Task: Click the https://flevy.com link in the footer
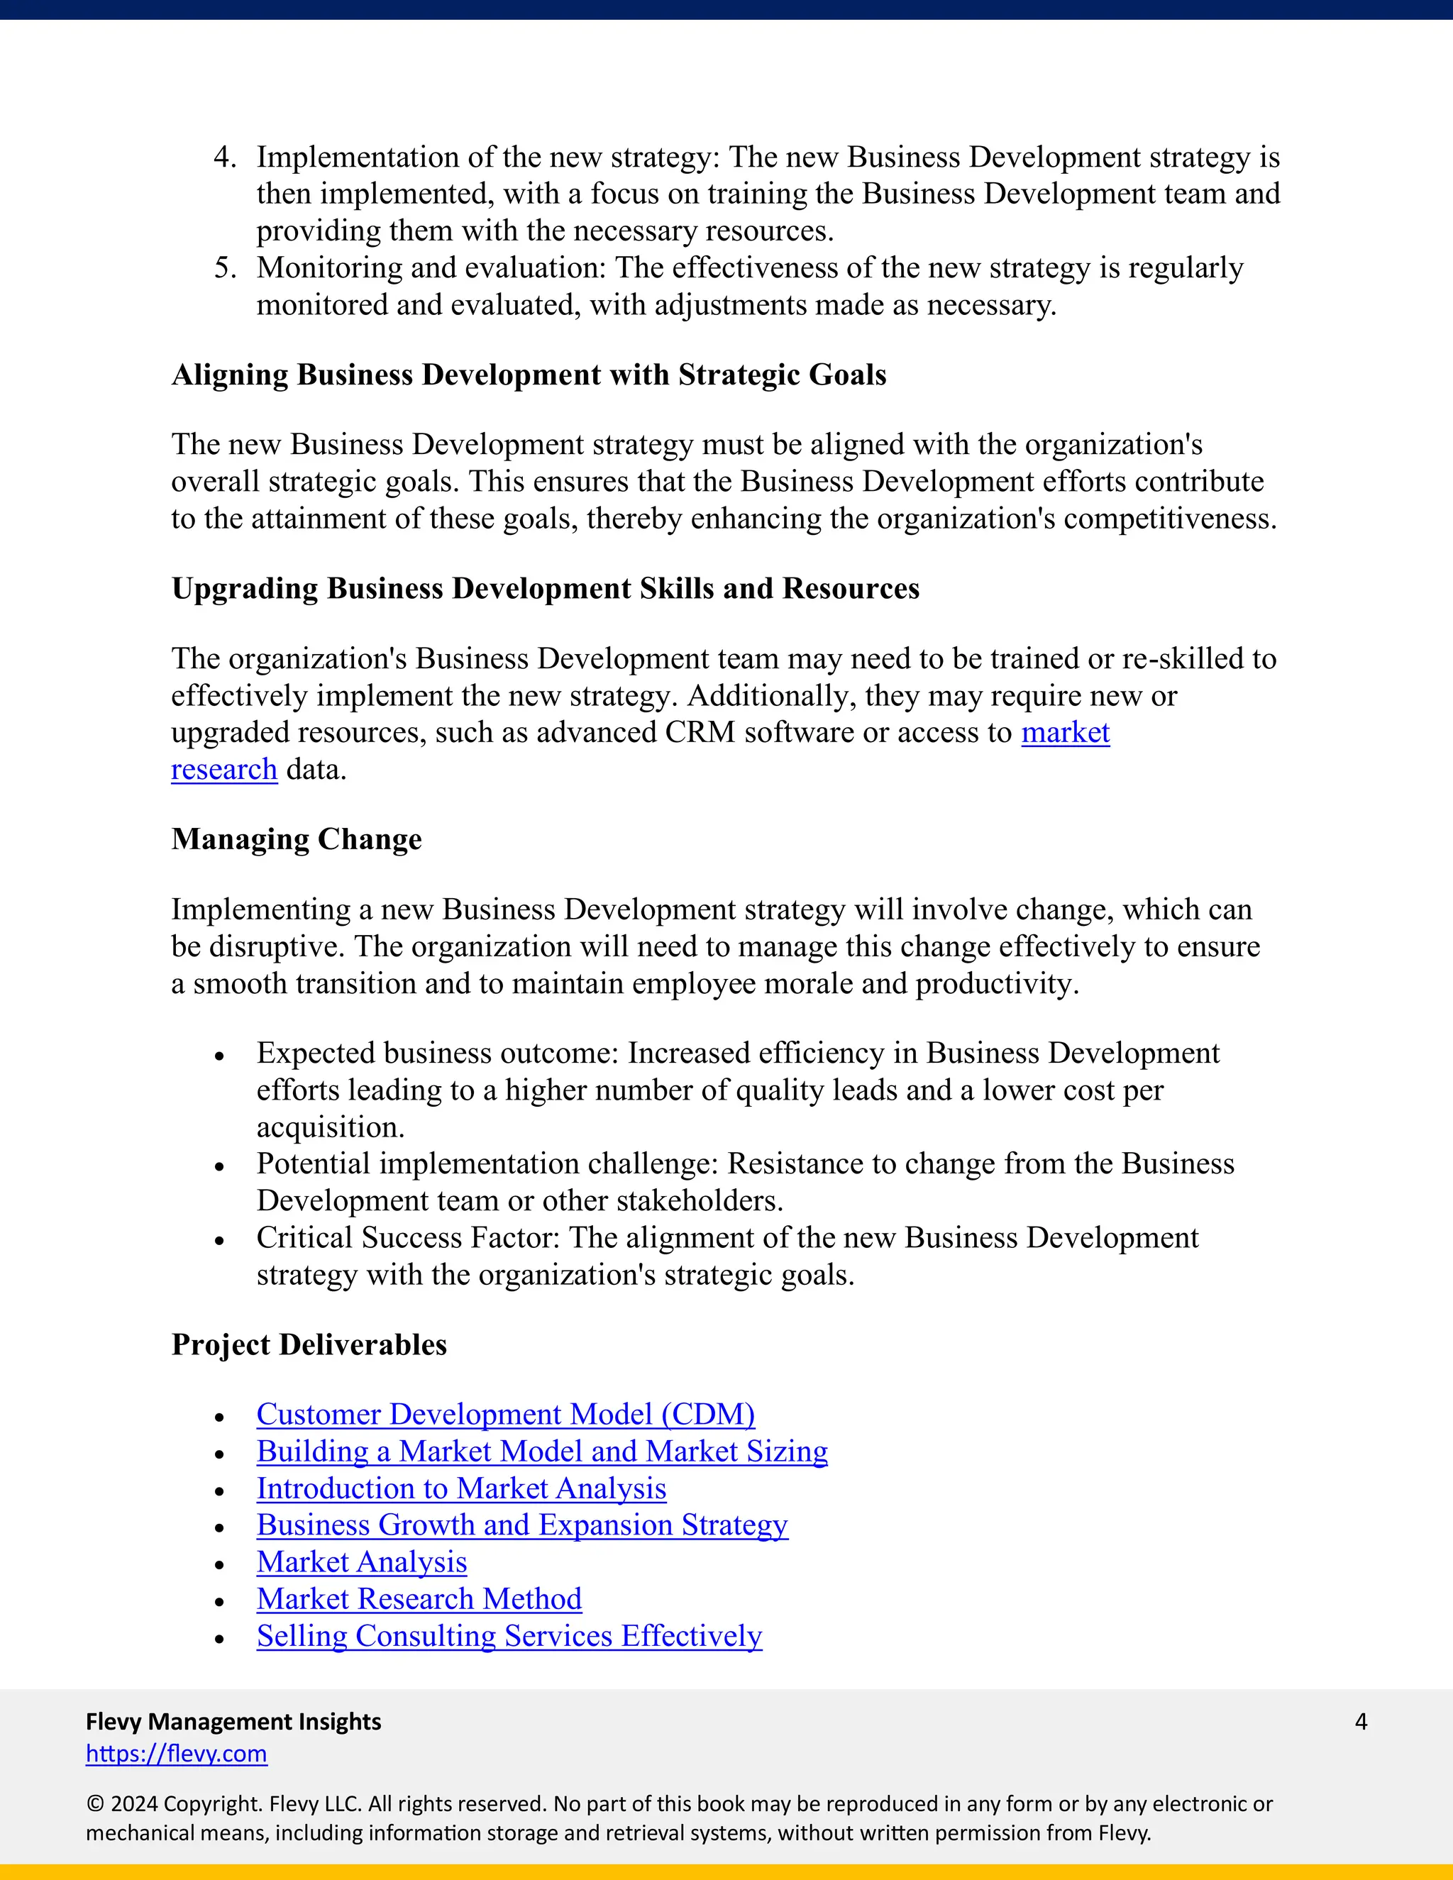177,1754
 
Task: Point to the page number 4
1361,1722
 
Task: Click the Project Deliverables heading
309,1344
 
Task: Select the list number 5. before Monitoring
225,267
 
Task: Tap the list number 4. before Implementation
225,157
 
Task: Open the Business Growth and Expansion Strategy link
521,1525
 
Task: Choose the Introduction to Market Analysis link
461,1488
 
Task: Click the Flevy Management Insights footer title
233,1722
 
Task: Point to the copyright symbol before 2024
94,1804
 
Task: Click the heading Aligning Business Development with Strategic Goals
529,375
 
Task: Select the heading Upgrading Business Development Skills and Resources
545,589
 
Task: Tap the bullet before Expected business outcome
219,1056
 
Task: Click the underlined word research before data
223,770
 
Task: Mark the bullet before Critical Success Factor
219,1240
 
